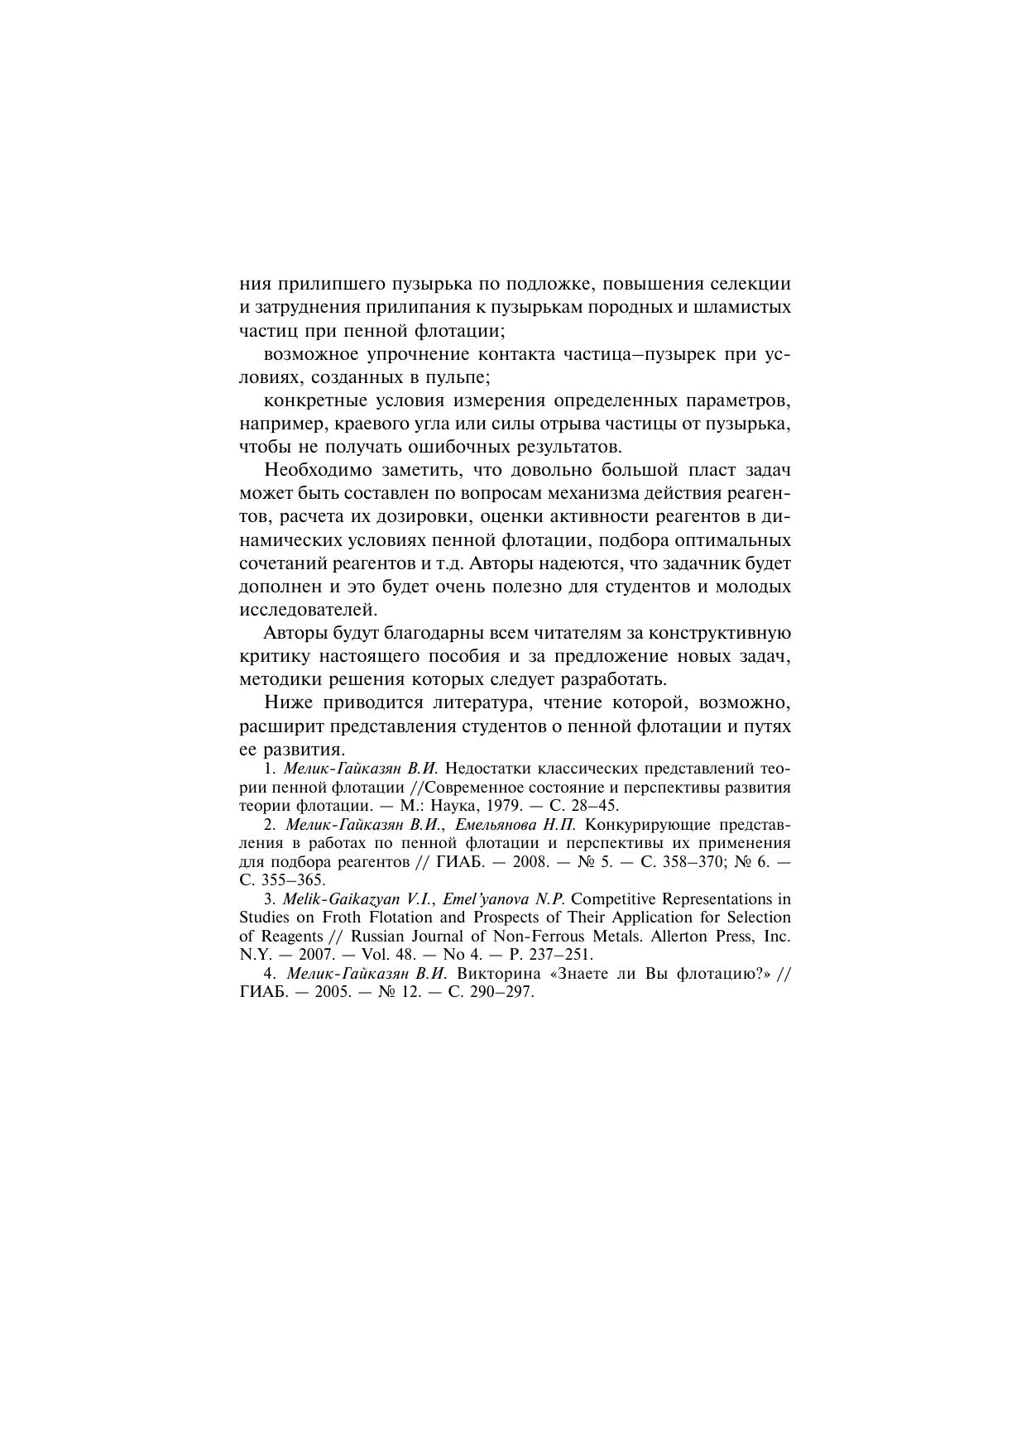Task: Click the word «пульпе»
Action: tap(462, 377)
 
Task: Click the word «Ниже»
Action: tap(285, 703)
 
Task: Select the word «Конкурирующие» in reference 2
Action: tap(651, 825)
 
